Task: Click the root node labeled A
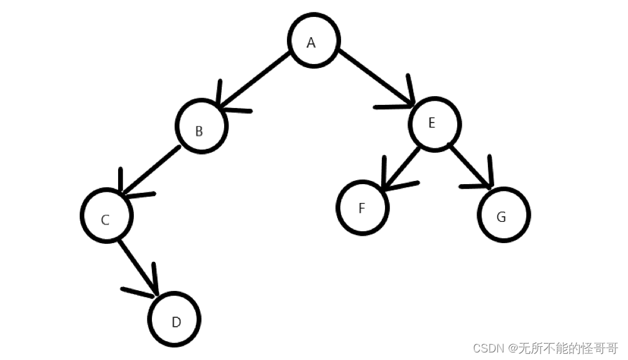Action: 314,41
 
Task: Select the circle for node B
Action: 200,126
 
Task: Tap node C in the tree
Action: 107,215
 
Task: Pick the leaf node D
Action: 175,319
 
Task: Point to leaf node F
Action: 362,207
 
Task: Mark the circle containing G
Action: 504,215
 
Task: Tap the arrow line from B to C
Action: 151,171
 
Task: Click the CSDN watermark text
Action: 545,347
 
